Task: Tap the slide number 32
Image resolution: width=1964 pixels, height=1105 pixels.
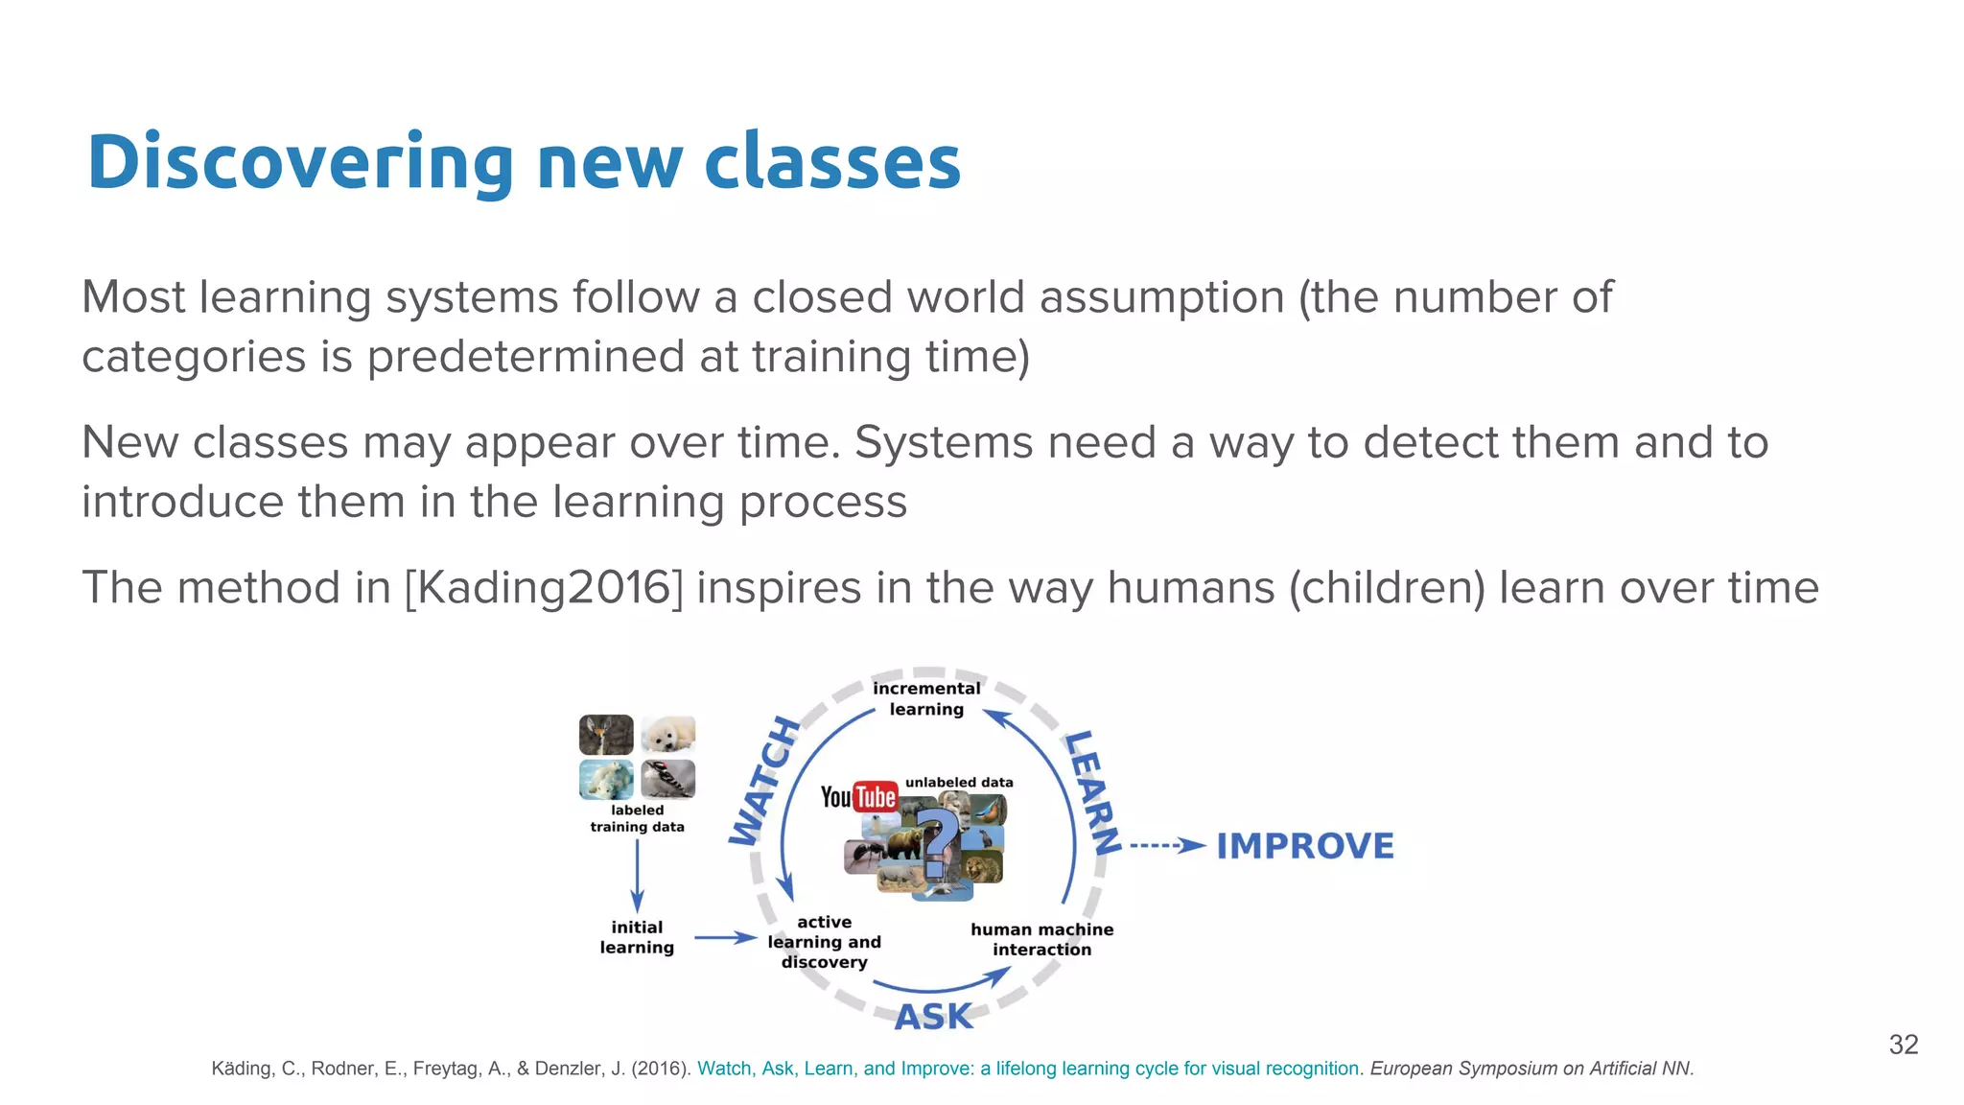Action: coord(1903,1045)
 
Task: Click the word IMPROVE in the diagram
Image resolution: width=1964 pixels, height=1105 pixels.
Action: coord(1305,846)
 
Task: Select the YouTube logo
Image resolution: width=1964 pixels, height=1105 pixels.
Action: coord(858,797)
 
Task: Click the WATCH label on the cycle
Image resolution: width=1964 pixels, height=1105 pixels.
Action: coord(764,782)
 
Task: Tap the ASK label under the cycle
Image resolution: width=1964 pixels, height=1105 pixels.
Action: coord(933,1017)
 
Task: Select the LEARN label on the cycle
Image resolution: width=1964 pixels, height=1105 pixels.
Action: coord(1092,792)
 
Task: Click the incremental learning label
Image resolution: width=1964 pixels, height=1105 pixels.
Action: coord(926,698)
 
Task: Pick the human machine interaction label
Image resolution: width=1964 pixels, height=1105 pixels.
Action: coord(1041,939)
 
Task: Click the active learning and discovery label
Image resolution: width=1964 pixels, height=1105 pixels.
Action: coord(824,942)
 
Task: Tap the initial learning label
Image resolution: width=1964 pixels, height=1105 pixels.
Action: coord(637,937)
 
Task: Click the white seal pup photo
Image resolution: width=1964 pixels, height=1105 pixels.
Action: coord(667,735)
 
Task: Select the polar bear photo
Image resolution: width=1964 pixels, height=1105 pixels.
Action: coord(606,779)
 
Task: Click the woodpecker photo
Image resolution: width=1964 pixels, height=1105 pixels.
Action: coord(667,779)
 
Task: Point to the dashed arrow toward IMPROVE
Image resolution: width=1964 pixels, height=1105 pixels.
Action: coord(1166,846)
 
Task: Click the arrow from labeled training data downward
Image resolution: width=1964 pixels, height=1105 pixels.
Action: coord(637,875)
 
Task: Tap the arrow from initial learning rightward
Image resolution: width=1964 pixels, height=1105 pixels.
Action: coord(725,937)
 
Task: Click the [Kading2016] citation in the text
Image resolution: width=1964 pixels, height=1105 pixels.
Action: coord(545,588)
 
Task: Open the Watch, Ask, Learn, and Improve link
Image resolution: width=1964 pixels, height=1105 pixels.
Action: coord(1028,1069)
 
